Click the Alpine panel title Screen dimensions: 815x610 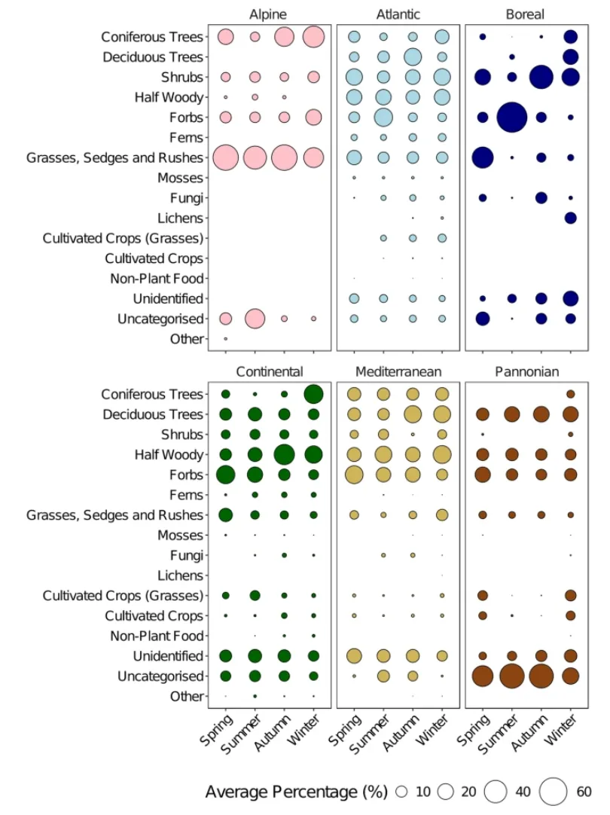click(270, 15)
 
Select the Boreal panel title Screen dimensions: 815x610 click(526, 15)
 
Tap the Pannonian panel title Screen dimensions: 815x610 click(526, 371)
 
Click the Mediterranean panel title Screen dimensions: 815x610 click(398, 371)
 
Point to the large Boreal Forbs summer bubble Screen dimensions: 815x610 click(511, 118)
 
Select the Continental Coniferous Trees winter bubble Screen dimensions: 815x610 click(313, 394)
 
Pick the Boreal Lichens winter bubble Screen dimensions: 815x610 click(570, 218)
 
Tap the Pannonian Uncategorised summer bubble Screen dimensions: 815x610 click(511, 676)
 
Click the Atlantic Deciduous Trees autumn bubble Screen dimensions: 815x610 click(413, 57)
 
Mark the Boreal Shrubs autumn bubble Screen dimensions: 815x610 click(541, 77)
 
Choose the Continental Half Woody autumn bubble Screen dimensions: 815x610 click(284, 455)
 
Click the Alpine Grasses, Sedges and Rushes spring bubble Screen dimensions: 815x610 click(225, 157)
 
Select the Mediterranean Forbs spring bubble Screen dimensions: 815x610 click(353, 475)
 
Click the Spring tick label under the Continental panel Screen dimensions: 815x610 click(217, 729)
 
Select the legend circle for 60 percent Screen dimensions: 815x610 click(554, 792)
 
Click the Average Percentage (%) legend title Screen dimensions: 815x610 click(296, 792)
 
